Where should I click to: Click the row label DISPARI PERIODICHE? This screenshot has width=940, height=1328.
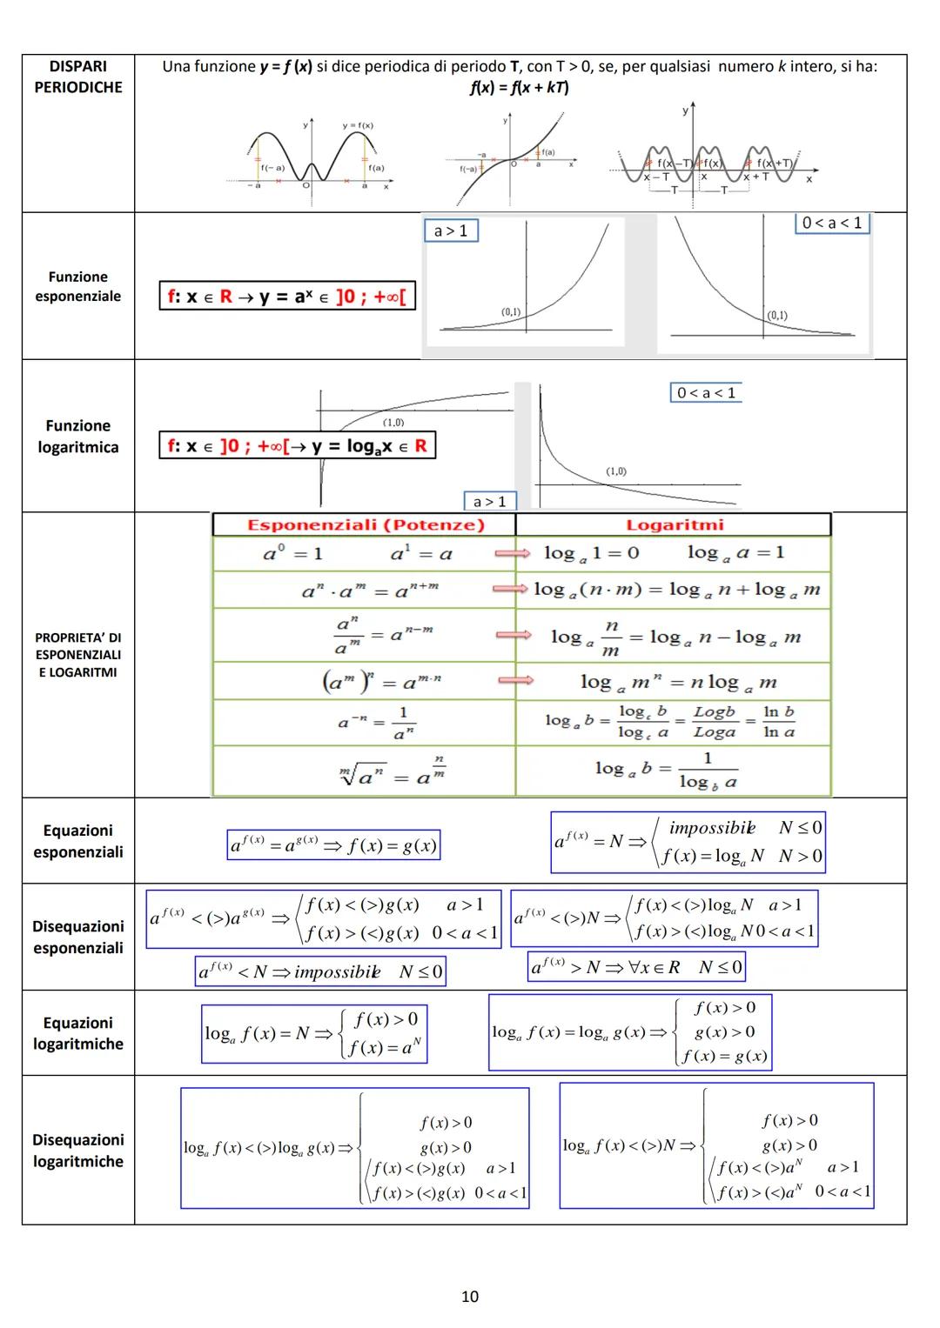click(x=78, y=77)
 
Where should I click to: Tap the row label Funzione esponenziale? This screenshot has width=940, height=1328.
click(x=78, y=286)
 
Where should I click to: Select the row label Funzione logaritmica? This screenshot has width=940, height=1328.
click(x=78, y=437)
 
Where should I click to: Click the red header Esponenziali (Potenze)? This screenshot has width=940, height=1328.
click(x=366, y=524)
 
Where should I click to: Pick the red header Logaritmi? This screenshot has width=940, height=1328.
click(x=675, y=524)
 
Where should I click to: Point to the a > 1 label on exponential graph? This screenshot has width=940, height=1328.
click(x=451, y=230)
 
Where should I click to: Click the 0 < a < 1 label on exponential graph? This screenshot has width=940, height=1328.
click(x=832, y=223)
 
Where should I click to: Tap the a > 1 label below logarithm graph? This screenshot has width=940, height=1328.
click(x=489, y=501)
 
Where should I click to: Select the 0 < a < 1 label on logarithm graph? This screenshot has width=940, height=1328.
click(x=706, y=393)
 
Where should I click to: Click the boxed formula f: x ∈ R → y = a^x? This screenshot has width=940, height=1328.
click(x=286, y=297)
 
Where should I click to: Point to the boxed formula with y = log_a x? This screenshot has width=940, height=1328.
click(x=297, y=446)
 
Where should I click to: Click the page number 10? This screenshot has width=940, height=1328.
click(x=470, y=1297)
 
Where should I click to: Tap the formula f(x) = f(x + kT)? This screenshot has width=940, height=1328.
click(x=519, y=87)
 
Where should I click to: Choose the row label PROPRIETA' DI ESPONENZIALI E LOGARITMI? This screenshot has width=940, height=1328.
click(x=78, y=655)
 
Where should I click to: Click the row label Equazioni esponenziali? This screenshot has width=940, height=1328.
click(x=78, y=841)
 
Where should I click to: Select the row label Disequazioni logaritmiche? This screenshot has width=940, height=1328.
click(x=78, y=1150)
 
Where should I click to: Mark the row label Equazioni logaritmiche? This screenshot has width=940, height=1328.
click(x=78, y=1033)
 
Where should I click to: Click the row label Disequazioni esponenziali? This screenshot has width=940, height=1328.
click(x=78, y=937)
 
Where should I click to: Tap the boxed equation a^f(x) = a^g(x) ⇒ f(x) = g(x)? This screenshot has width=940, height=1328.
click(x=333, y=845)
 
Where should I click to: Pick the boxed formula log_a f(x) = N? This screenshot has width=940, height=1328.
click(x=313, y=1033)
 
